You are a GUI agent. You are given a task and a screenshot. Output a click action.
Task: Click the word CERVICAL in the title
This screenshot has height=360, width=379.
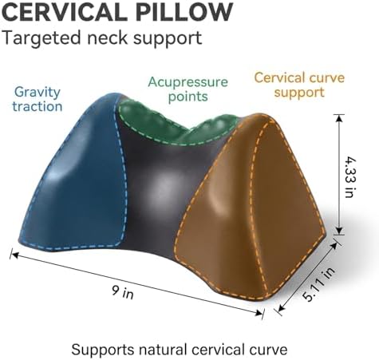click(x=65, y=12)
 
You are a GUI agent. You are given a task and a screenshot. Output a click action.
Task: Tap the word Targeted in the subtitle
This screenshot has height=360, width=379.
click(x=41, y=38)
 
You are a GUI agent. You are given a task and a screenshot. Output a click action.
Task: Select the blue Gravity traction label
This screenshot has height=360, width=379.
click(x=38, y=99)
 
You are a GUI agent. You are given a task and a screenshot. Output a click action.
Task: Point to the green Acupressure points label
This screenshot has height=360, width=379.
click(x=188, y=89)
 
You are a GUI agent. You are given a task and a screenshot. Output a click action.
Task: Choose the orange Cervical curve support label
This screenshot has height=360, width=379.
click(x=299, y=85)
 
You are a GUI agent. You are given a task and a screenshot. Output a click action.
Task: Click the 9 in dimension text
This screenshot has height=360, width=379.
click(x=122, y=292)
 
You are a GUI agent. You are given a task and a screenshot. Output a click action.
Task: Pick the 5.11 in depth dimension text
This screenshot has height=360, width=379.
click(x=318, y=285)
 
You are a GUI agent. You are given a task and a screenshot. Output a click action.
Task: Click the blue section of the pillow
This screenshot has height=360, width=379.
click(x=80, y=181)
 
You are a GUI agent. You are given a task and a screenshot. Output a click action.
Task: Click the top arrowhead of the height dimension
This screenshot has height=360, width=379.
click(x=339, y=118)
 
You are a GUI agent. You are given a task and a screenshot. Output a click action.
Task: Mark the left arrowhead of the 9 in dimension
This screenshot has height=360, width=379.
click(x=14, y=255)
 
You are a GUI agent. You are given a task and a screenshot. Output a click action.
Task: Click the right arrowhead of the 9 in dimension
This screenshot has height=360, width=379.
click(x=259, y=313)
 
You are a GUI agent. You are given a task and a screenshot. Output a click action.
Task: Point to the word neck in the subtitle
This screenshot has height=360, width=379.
click(x=108, y=38)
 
